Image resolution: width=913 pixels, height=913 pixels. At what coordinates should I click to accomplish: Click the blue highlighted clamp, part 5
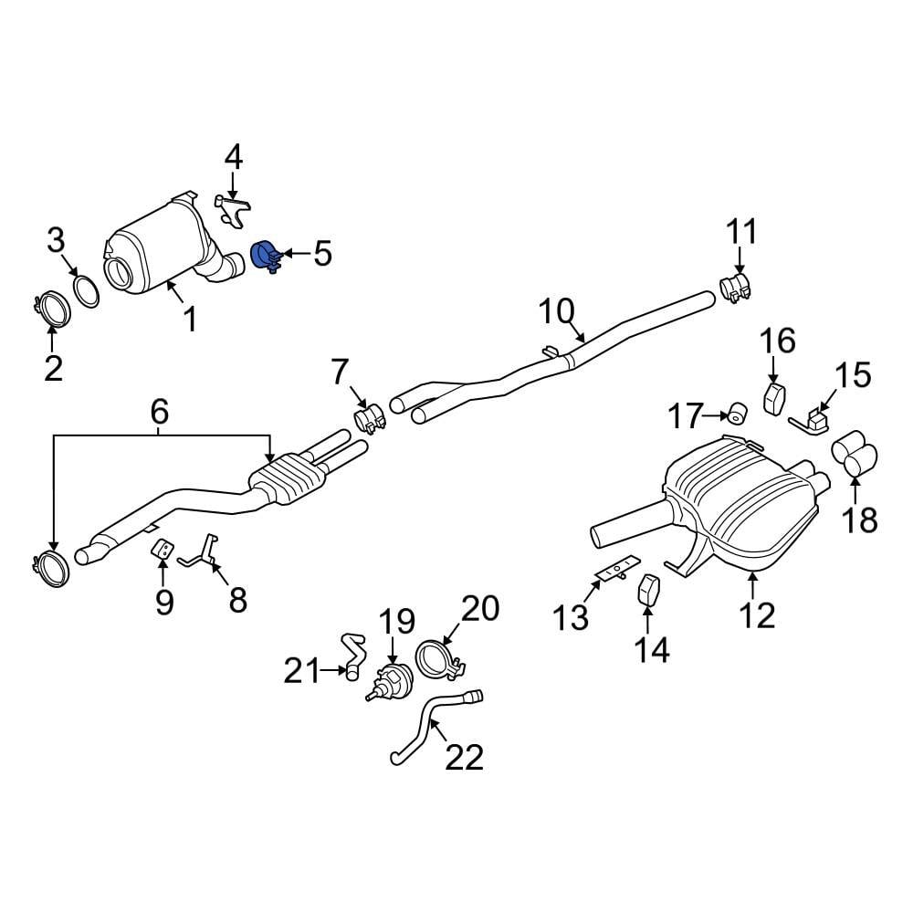[x=267, y=256]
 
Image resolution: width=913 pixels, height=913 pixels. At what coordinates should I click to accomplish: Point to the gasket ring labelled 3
[x=86, y=291]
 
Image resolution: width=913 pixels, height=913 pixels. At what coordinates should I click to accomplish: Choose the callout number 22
[x=463, y=756]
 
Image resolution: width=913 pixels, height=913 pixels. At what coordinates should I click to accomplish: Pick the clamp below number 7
[x=367, y=419]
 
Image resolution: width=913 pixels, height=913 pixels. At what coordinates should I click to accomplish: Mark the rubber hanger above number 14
[x=647, y=589]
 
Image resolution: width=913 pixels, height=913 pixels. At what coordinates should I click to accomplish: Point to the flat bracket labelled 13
[x=616, y=569]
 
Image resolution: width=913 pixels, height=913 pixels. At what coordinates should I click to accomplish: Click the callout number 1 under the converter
[x=190, y=320]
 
